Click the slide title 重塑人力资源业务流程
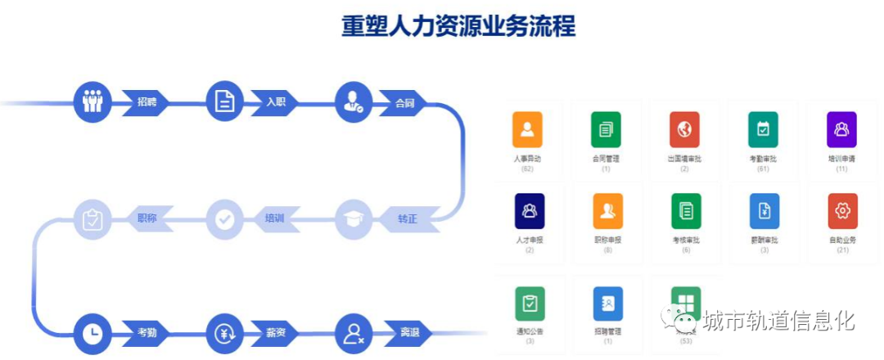click(x=458, y=25)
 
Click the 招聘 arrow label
click(x=148, y=102)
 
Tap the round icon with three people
click(x=92, y=102)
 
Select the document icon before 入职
click(x=225, y=102)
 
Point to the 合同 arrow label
click(x=404, y=103)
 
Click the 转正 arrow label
click(x=407, y=218)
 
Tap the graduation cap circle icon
click(x=354, y=218)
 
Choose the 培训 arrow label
click(x=274, y=218)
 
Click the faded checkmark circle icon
click(x=225, y=218)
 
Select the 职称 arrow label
click(x=148, y=218)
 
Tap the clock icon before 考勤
click(x=92, y=334)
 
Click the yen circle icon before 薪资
click(x=225, y=334)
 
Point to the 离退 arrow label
click(x=408, y=334)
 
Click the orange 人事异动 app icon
click(x=527, y=129)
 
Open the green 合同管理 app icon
click(x=606, y=129)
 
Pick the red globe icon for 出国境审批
click(x=684, y=129)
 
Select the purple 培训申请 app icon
click(x=841, y=129)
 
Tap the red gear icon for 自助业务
click(x=842, y=211)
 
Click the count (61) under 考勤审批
click(x=763, y=169)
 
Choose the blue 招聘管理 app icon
click(x=607, y=304)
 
